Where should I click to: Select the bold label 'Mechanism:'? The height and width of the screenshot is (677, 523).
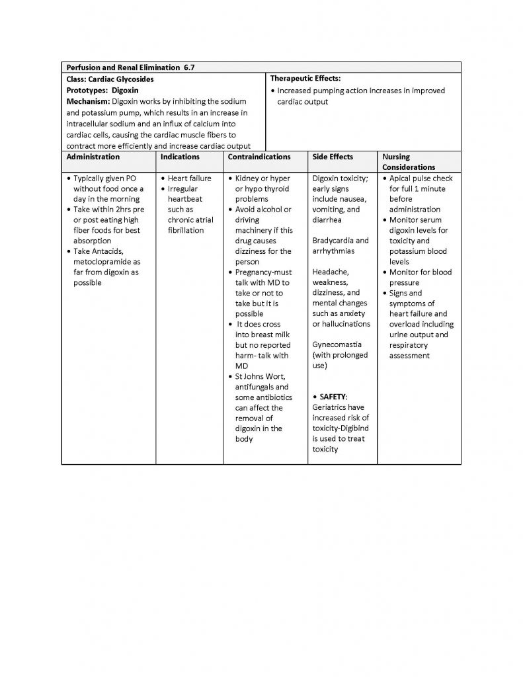pyautogui.click(x=89, y=101)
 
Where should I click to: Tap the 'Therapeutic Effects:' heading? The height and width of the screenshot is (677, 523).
pyautogui.click(x=305, y=79)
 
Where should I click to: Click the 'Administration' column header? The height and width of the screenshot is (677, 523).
pyautogui.click(x=93, y=157)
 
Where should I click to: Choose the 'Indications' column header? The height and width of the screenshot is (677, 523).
pyautogui.click(x=180, y=157)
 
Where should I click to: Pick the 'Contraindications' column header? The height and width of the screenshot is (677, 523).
pyautogui.click(x=259, y=157)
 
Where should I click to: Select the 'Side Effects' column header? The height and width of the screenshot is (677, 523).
pyautogui.click(x=333, y=157)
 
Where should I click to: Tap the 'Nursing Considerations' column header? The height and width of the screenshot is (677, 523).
pyautogui.click(x=408, y=163)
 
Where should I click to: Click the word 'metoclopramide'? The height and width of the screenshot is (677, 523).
pyautogui.click(x=102, y=262)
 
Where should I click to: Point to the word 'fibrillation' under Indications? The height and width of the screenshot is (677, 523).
pyautogui.click(x=186, y=231)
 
